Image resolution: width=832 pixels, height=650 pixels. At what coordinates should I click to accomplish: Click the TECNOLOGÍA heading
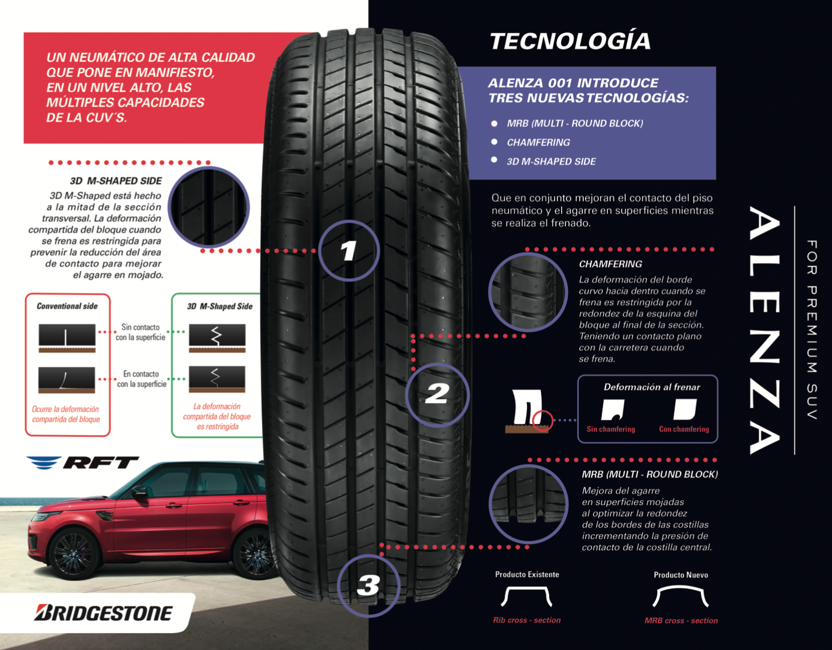570,41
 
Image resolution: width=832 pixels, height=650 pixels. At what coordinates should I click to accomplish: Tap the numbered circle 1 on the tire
349,251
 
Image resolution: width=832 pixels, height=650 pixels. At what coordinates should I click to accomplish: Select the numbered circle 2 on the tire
437,394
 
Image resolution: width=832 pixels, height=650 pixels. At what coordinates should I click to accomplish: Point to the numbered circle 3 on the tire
369,585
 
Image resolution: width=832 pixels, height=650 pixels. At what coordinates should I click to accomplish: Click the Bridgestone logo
104,613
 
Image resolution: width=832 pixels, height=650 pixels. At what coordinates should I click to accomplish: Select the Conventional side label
67,306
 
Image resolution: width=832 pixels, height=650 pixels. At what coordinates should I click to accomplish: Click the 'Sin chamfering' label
611,429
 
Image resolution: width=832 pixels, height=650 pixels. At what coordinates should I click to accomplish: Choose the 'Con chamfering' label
684,429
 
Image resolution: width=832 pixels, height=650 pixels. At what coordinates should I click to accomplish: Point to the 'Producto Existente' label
527,574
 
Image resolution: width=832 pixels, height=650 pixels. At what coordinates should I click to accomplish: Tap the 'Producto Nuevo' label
681,575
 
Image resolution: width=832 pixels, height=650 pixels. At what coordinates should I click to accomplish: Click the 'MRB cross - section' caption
681,621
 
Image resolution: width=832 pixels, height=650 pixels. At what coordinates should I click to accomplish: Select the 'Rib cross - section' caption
526,620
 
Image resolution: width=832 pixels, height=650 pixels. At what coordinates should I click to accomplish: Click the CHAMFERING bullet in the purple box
538,143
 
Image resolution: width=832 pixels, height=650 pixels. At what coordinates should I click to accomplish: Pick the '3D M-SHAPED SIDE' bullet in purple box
551,162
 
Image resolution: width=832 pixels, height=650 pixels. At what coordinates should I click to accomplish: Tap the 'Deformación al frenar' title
652,387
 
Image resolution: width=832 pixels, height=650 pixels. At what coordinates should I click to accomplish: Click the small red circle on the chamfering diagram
543,419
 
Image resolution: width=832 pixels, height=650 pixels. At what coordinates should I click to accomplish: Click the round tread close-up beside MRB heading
529,504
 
